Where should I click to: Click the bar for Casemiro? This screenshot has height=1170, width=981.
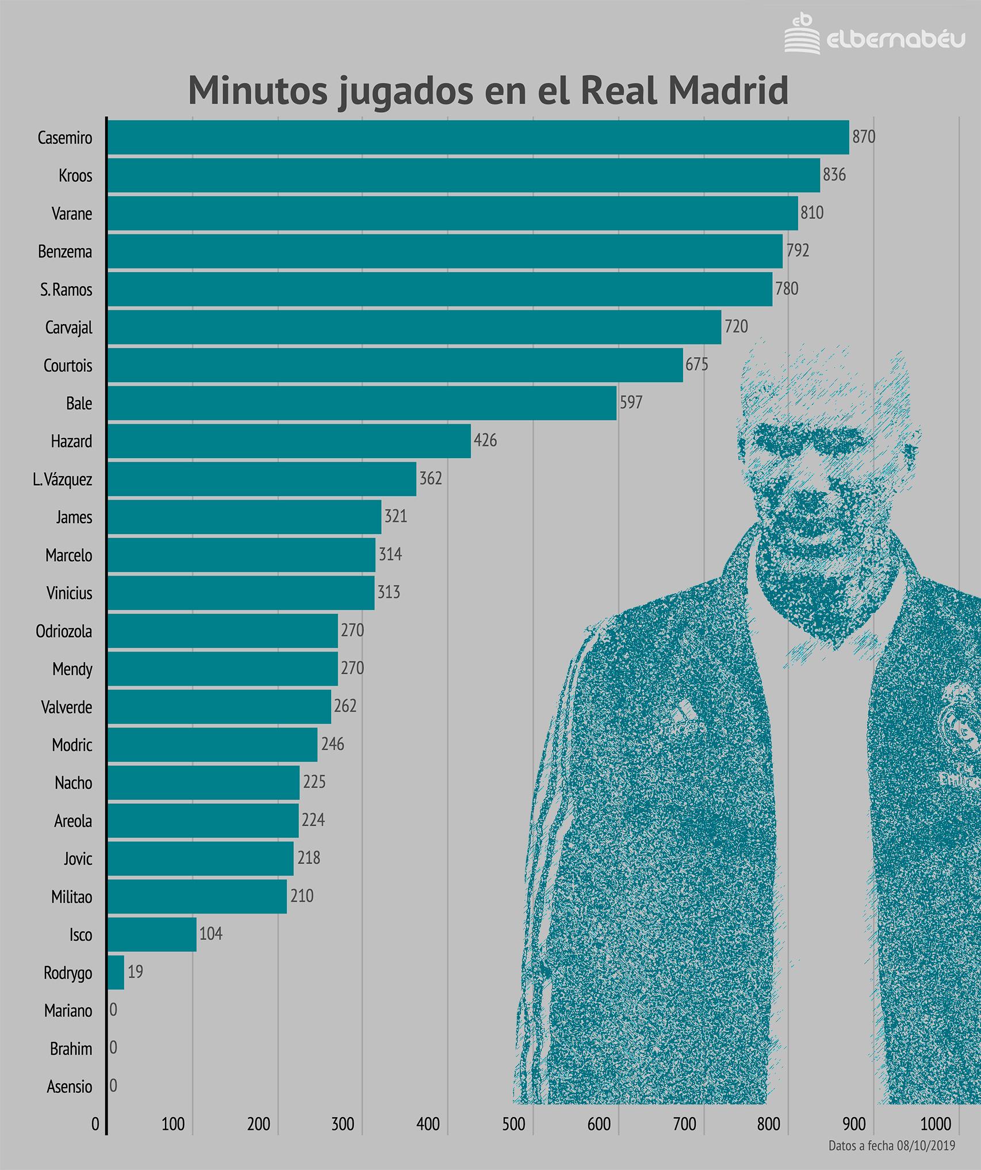pyautogui.click(x=477, y=137)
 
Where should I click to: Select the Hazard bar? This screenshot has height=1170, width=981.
pyautogui.click(x=289, y=441)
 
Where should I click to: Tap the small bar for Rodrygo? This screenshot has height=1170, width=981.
pyautogui.click(x=116, y=972)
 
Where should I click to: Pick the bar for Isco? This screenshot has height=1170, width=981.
pyautogui.click(x=152, y=934)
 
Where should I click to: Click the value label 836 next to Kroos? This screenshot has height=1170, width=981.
pyautogui.click(x=834, y=175)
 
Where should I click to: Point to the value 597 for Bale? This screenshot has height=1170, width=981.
pyautogui.click(x=630, y=402)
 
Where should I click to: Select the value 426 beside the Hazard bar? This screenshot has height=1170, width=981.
pyautogui.click(x=485, y=440)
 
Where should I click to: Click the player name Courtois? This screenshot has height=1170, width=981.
pyautogui.click(x=68, y=366)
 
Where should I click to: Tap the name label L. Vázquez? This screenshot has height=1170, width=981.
pyautogui.click(x=62, y=479)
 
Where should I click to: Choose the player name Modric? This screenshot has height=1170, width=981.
pyautogui.click(x=72, y=745)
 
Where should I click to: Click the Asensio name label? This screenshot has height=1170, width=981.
pyautogui.click(x=69, y=1087)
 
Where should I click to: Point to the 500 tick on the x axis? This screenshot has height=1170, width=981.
pyautogui.click(x=514, y=1124)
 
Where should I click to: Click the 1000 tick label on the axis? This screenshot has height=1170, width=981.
pyautogui.click(x=936, y=1124)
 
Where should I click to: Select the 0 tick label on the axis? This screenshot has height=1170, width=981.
pyautogui.click(x=95, y=1124)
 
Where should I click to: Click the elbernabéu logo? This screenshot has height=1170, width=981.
pyautogui.click(x=874, y=36)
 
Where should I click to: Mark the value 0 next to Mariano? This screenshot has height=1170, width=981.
pyautogui.click(x=113, y=1010)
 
